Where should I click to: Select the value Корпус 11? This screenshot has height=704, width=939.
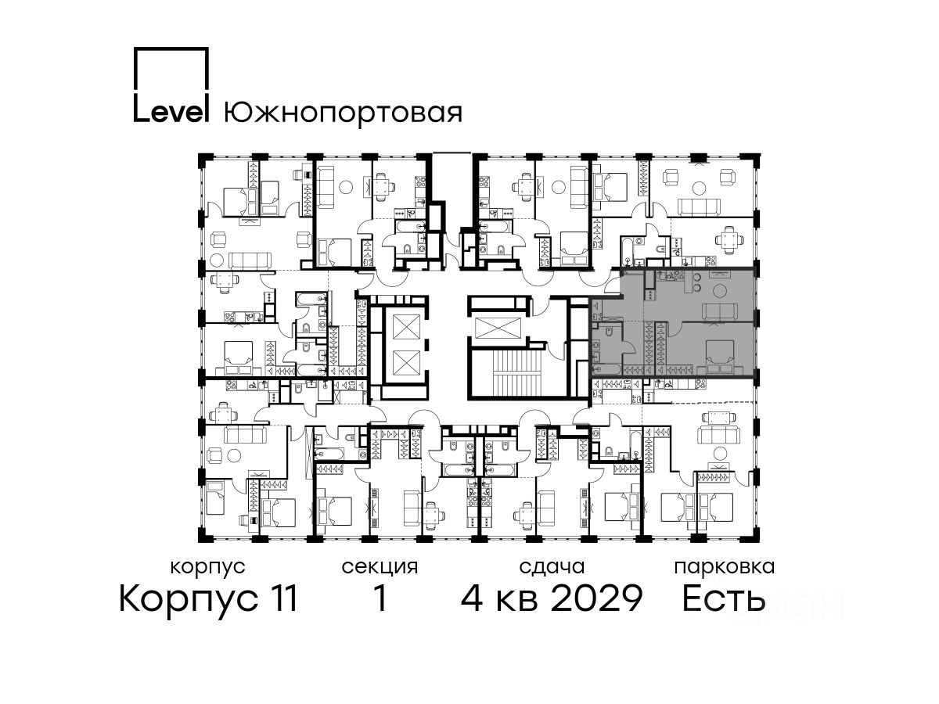[x=208, y=598]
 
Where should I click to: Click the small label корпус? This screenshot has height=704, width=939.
[x=208, y=567]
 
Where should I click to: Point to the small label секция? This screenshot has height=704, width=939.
[x=380, y=567]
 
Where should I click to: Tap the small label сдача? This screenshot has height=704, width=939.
[x=552, y=567]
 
